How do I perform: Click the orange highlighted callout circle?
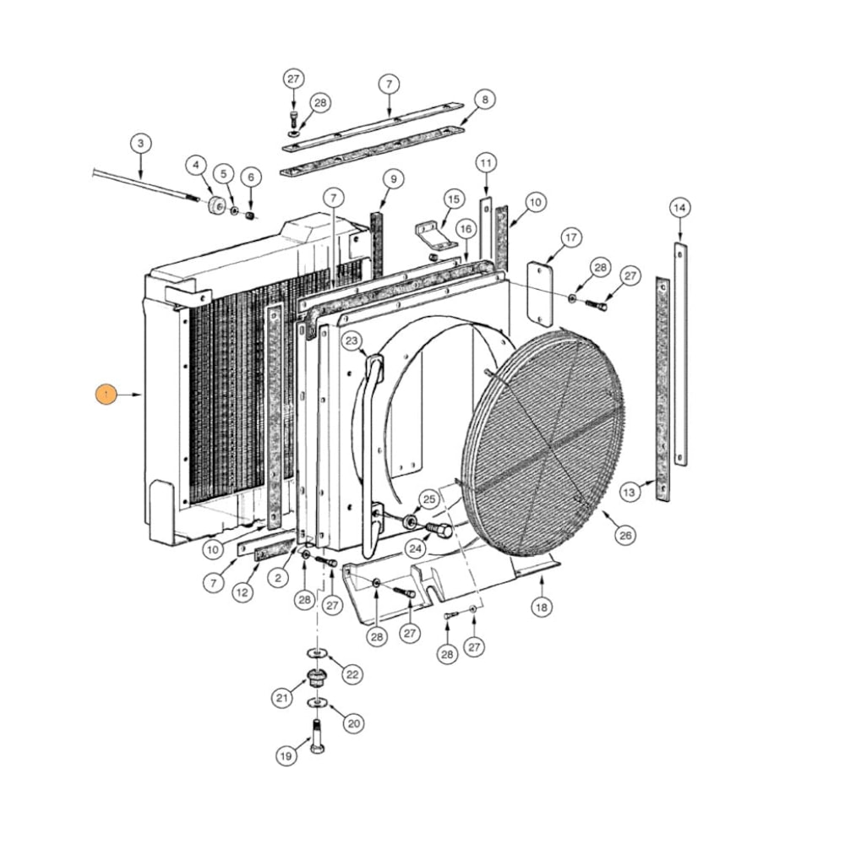106,395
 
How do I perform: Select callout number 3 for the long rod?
140,143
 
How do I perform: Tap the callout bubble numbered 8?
484,100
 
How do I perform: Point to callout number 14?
680,207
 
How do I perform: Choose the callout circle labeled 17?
571,238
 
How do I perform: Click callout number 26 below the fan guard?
625,535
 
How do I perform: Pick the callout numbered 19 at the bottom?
287,756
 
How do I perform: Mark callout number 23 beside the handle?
352,341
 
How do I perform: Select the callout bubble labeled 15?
454,199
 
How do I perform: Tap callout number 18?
542,606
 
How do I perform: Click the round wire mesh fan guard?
545,439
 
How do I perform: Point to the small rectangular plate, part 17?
539,292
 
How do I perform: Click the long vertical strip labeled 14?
681,355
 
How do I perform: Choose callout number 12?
243,592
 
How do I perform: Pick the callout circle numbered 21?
282,698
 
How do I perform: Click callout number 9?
392,179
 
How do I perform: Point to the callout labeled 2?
279,577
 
